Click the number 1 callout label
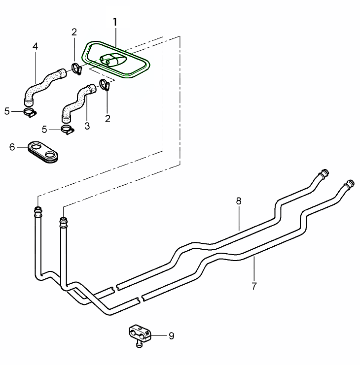click(115, 22)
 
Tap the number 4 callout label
click(35, 46)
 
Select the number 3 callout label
click(87, 126)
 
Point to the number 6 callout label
click(12, 147)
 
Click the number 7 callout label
click(254, 286)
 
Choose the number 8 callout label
click(239, 201)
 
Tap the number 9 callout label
click(171, 336)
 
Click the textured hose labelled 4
click(41, 85)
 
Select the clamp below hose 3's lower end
click(67, 130)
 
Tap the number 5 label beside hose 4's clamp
click(7, 111)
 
